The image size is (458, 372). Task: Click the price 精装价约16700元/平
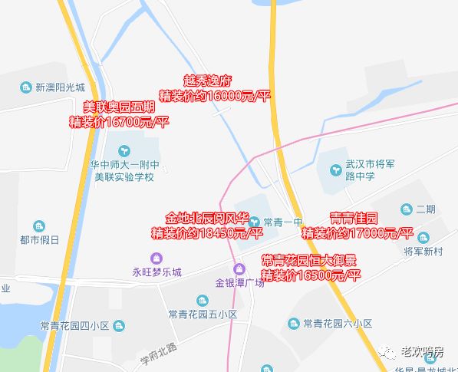point(119,121)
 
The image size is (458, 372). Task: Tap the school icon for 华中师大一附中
point(123,148)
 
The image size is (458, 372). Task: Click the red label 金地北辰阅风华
point(206,217)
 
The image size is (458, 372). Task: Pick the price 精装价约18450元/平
point(206,232)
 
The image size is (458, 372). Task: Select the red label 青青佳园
point(354,218)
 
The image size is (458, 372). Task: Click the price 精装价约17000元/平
point(358,233)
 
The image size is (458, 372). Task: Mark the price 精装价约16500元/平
point(310,275)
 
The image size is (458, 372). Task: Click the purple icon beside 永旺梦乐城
point(157,258)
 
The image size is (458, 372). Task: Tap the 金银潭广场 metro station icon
point(239,268)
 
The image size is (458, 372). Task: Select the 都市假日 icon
point(39,226)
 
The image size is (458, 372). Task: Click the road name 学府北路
point(157,353)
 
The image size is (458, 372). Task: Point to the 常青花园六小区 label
point(338,323)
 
